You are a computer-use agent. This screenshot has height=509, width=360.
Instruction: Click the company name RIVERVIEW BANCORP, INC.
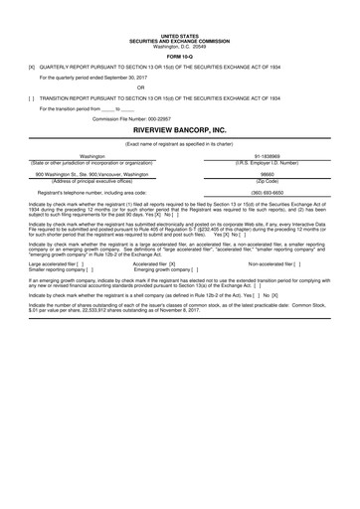point(180,130)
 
